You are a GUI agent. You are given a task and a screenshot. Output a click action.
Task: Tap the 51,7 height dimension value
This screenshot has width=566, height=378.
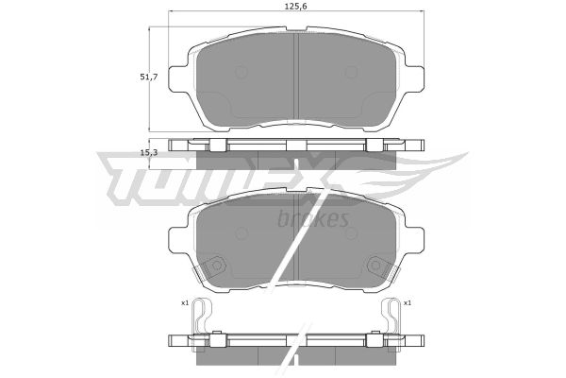149,77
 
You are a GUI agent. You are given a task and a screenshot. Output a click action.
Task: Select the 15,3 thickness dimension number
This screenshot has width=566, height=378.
149,153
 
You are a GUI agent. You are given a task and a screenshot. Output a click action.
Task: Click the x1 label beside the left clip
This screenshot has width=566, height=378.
185,303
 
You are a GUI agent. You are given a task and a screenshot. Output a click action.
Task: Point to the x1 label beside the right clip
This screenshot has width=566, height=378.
408,303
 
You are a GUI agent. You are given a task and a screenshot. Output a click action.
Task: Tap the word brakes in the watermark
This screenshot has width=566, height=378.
313,218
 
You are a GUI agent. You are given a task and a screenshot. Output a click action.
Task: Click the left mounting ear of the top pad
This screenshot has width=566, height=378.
178,78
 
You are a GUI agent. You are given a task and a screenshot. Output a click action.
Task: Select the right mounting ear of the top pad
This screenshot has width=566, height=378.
414,78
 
